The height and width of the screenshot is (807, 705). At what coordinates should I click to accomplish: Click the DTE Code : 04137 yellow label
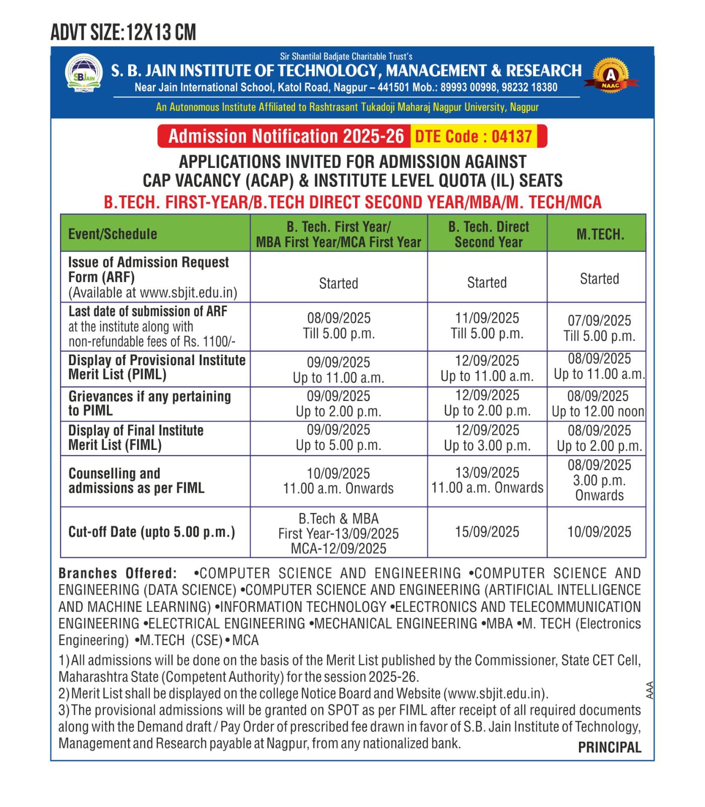[x=474, y=136]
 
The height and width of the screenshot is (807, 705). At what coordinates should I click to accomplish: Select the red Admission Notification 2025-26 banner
[x=286, y=136]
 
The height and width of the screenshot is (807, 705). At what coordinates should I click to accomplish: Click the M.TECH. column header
[x=600, y=234]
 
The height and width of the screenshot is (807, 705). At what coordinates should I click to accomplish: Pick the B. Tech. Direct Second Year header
[x=488, y=234]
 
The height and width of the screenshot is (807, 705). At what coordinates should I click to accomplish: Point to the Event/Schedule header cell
[x=112, y=234]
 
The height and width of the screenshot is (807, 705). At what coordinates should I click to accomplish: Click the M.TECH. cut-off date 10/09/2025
[x=599, y=532]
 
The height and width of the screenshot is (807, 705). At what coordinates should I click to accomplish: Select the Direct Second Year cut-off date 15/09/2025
[x=487, y=532]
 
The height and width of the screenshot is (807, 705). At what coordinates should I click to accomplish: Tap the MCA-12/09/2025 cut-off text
[x=338, y=548]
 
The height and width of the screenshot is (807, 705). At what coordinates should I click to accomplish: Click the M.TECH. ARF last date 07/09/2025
[x=599, y=320]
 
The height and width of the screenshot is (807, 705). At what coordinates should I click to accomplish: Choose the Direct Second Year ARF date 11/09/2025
[x=487, y=318]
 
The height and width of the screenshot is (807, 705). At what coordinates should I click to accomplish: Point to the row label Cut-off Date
[x=151, y=532]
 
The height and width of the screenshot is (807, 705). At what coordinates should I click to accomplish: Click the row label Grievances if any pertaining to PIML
[x=149, y=403]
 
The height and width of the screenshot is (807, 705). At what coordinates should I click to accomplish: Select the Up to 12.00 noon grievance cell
[x=598, y=412]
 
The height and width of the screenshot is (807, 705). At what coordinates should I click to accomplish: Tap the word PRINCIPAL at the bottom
[x=609, y=747]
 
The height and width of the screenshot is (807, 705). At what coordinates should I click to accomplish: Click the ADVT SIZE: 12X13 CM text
[x=123, y=33]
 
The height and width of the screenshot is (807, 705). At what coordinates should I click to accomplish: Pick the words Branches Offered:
[x=117, y=573]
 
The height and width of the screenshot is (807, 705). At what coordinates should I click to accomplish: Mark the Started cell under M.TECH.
[x=599, y=279]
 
